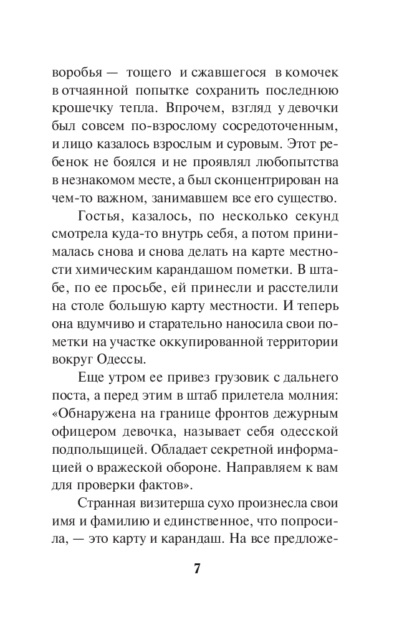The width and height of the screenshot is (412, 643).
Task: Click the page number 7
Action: coord(198,569)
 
